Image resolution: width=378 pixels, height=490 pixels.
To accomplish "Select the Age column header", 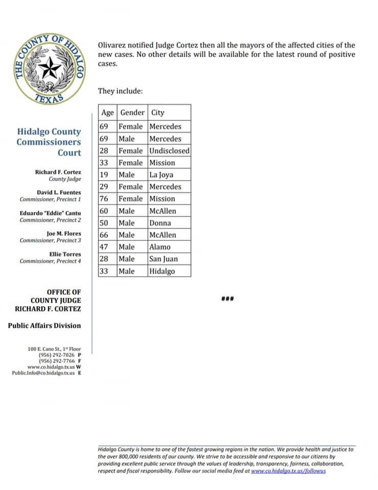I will coord(107,112).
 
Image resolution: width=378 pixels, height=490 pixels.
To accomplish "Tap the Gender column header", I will coord(132,112).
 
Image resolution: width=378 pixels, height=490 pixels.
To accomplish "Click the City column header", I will coord(158,112).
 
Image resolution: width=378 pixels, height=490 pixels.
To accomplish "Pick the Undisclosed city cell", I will coord(169,151).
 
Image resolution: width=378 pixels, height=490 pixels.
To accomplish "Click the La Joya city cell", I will coord(161,175).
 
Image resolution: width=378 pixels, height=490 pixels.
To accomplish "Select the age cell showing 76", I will coord(104,199).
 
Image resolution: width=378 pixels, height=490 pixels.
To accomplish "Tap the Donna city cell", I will coord(160,223).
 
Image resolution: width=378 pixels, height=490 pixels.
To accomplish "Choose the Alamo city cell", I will coord(160,247).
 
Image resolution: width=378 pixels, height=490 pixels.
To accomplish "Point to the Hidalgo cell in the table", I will coord(162,271).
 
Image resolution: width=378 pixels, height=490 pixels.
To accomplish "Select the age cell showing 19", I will coord(104,175).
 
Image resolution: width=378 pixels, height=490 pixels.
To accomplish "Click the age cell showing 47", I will coord(104,247).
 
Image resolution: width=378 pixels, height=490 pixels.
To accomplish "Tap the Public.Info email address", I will coord(43,373).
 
